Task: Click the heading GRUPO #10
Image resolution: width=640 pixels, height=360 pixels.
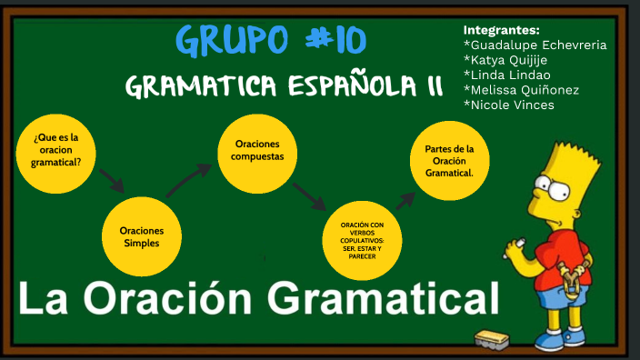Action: point(270,41)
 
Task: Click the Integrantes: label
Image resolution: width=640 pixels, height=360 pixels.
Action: point(501,29)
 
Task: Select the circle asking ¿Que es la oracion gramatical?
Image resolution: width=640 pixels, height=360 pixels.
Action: point(57,150)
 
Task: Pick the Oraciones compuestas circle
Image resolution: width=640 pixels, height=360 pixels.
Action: point(258,151)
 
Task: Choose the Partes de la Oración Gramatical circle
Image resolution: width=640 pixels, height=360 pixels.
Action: point(449,161)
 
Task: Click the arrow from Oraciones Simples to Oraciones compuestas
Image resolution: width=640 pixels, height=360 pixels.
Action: point(189,178)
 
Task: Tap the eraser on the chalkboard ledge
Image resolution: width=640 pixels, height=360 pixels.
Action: point(498,340)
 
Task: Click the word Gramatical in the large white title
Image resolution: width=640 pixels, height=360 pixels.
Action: point(382,299)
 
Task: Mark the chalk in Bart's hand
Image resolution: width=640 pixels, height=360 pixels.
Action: point(521,243)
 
